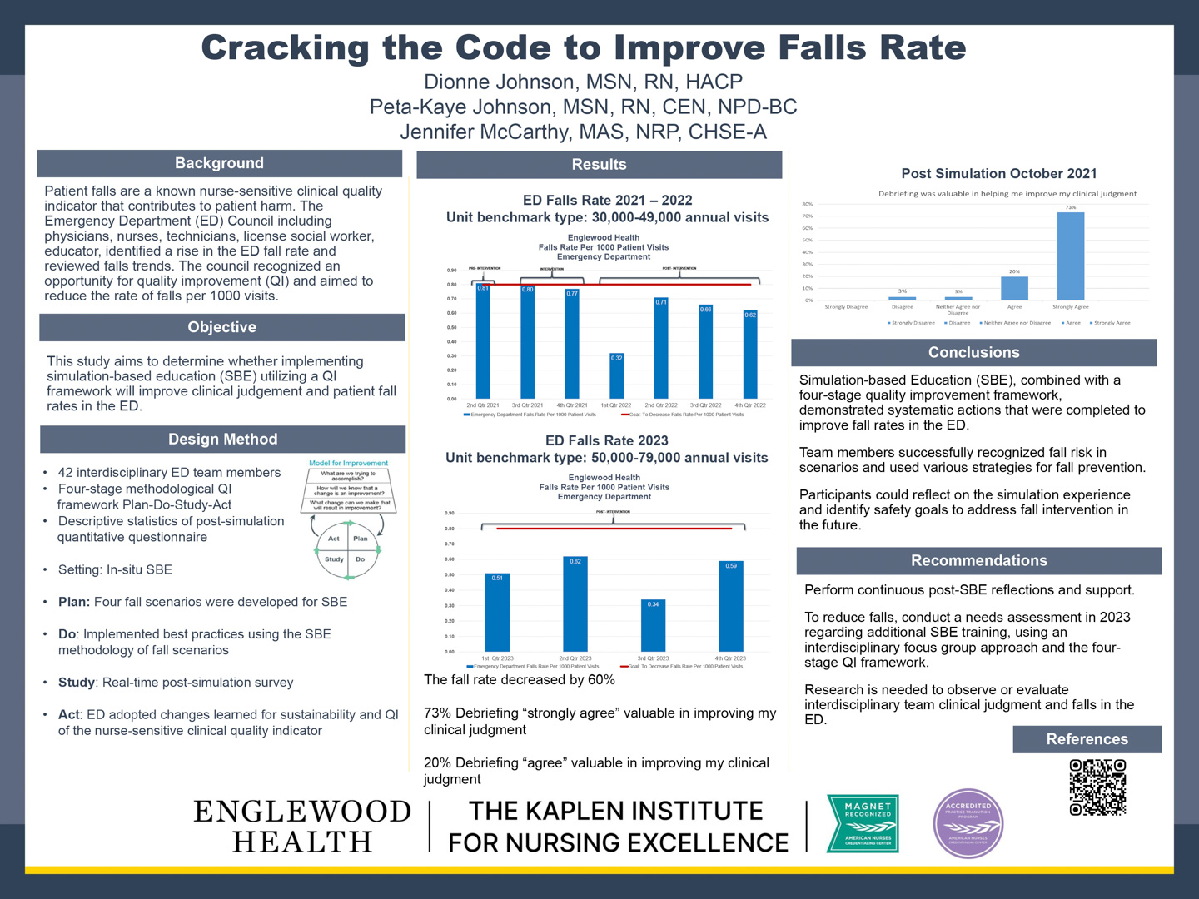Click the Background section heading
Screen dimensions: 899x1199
pos(219,163)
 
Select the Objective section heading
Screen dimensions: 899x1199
pos(221,327)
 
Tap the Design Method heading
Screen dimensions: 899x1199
pos(222,439)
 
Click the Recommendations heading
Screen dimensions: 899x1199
pos(978,560)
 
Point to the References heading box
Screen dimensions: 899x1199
pos(1087,739)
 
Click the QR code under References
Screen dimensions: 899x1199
pos(1097,787)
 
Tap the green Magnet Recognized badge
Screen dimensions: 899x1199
pos(863,823)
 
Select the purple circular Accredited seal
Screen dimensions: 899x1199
pos(968,823)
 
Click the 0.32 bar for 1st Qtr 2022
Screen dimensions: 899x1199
pos(616,376)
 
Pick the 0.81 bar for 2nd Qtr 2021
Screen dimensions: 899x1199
pos(483,341)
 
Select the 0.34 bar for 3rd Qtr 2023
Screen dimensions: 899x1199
pos(654,626)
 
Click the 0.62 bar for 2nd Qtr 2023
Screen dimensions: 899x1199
pos(575,604)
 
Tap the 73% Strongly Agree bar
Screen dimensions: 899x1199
pos(1070,256)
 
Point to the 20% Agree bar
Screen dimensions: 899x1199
pos(1014,288)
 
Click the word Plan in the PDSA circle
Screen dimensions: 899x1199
pos(361,539)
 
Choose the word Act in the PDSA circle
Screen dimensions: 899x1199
pos(334,539)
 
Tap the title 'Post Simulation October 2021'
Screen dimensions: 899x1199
pos(998,173)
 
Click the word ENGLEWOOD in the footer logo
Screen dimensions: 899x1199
pos(302,811)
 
